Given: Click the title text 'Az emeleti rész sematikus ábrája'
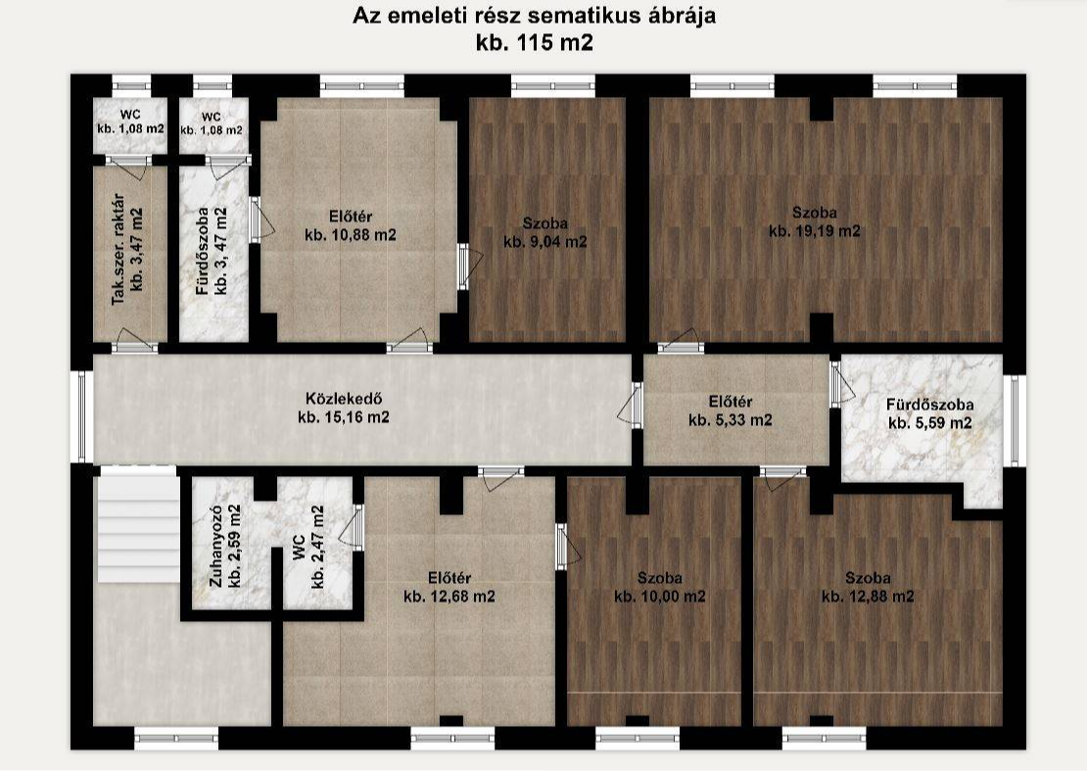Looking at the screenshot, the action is pyautogui.click(x=534, y=16).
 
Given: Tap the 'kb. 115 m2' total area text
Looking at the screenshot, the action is pyautogui.click(x=535, y=43).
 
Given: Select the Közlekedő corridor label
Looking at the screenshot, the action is pyautogui.click(x=344, y=409).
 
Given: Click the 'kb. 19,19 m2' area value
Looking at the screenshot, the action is pyautogui.click(x=815, y=231).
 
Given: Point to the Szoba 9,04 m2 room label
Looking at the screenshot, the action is pyautogui.click(x=545, y=232).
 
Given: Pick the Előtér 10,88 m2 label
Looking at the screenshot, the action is pyautogui.click(x=351, y=225).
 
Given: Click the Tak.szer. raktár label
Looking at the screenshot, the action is pyautogui.click(x=128, y=249).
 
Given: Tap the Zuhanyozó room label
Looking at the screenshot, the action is pyautogui.click(x=226, y=546).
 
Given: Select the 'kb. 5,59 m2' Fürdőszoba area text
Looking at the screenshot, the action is pyautogui.click(x=930, y=423).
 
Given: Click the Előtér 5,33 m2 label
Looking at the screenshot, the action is pyautogui.click(x=731, y=411).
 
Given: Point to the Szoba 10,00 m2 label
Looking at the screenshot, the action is pyautogui.click(x=660, y=587).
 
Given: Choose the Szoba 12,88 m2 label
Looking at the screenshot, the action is pyautogui.click(x=868, y=587).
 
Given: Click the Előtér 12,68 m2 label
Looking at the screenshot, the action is pyautogui.click(x=449, y=587).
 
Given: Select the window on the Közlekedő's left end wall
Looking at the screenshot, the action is pyautogui.click(x=81, y=416).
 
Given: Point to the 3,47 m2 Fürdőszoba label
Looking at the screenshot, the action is pyautogui.click(x=213, y=250).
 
